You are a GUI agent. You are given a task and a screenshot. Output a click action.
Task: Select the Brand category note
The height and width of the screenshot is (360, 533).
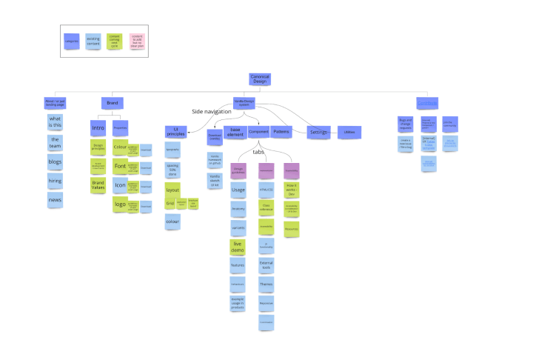(x=113, y=103)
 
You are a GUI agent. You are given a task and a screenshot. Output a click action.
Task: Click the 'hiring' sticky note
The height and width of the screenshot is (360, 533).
(x=55, y=181)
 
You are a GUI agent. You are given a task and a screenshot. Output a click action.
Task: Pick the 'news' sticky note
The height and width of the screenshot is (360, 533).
(x=55, y=201)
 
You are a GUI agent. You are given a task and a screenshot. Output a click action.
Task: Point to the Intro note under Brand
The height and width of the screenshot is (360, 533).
(x=98, y=128)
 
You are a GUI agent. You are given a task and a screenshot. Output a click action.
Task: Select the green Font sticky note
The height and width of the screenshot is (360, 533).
(x=120, y=167)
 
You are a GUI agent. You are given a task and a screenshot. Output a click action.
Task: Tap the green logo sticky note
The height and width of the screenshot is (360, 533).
(x=120, y=204)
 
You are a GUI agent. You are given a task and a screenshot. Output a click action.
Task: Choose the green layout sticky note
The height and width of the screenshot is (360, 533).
(x=172, y=189)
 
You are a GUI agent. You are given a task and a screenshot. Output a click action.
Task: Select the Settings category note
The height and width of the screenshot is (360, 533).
(x=318, y=133)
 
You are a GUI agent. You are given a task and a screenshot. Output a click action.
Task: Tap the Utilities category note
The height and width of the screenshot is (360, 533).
(x=349, y=133)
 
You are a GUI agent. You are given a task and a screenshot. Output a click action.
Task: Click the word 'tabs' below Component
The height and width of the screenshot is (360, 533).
(x=259, y=152)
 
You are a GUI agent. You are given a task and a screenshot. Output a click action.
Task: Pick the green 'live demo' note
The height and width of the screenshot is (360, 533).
(x=238, y=247)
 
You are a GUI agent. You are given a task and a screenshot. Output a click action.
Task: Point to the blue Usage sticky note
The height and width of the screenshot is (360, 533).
(x=238, y=190)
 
